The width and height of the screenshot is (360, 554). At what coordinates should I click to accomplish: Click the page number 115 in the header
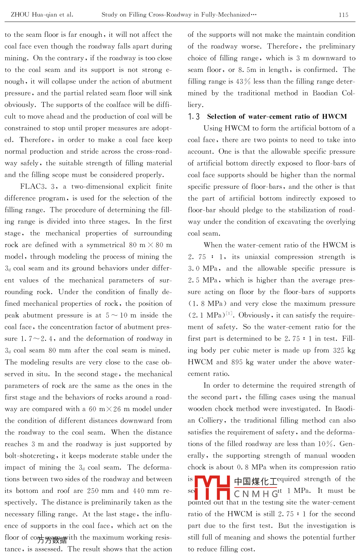[343, 15]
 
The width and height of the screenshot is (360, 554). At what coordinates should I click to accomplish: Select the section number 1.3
[194, 117]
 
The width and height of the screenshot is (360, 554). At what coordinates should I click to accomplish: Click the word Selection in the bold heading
[222, 117]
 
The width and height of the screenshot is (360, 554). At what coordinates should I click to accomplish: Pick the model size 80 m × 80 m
[150, 245]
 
